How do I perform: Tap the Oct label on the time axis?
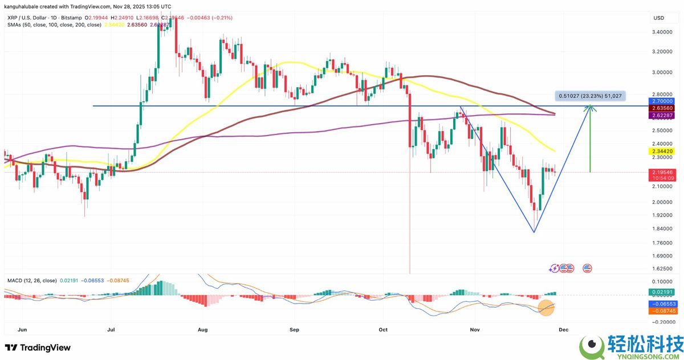pyautogui.click(x=383, y=329)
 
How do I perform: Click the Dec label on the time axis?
pyautogui.click(x=563, y=329)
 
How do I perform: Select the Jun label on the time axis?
pyautogui.click(x=23, y=329)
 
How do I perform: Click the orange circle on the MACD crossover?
pyautogui.click(x=547, y=308)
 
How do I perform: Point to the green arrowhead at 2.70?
pyautogui.click(x=591, y=107)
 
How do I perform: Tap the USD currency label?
pyautogui.click(x=659, y=18)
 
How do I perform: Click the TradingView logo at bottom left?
pyautogui.click(x=38, y=347)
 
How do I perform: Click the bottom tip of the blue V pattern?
pyautogui.click(x=534, y=232)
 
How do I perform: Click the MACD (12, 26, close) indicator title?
pyautogui.click(x=32, y=280)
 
